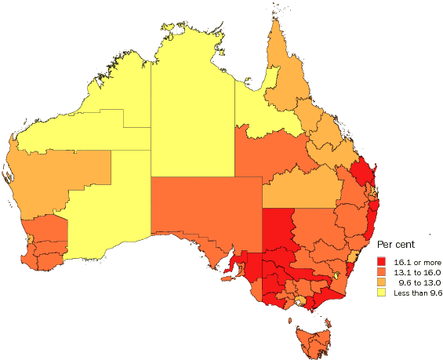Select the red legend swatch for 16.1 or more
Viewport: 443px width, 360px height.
pyautogui.click(x=383, y=260)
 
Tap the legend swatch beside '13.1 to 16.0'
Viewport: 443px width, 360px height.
pyautogui.click(x=383, y=271)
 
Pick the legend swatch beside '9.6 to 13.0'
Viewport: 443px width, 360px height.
pyautogui.click(x=383, y=282)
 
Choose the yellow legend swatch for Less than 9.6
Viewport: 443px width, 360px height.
pyautogui.click(x=383, y=293)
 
